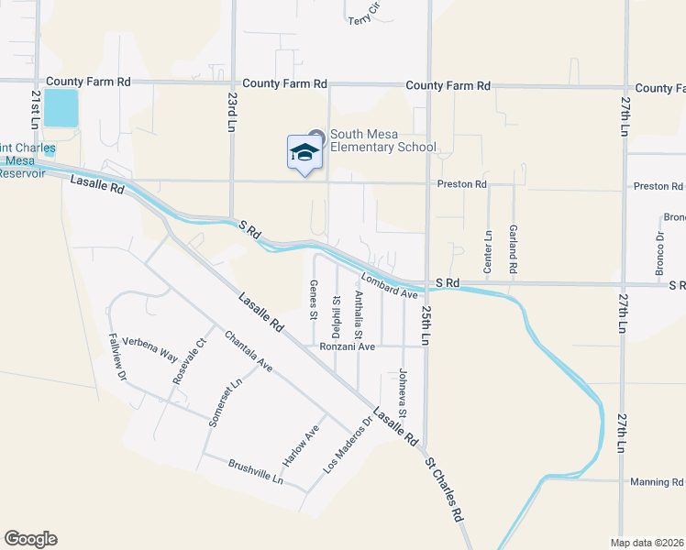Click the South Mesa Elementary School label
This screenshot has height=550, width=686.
point(382,141)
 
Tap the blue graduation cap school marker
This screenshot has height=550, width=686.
point(304,153)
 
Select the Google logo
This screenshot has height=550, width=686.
point(30,539)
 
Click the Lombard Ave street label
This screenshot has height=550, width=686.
point(389,286)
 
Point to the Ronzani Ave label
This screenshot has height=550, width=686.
point(348,346)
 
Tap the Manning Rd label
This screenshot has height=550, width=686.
point(657,482)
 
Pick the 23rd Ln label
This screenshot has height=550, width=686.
point(233,112)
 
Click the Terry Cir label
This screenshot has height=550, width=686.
point(363,13)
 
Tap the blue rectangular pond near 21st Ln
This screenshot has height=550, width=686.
point(61,108)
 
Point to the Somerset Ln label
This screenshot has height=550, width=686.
point(223,401)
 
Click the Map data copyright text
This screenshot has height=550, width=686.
point(648,543)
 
